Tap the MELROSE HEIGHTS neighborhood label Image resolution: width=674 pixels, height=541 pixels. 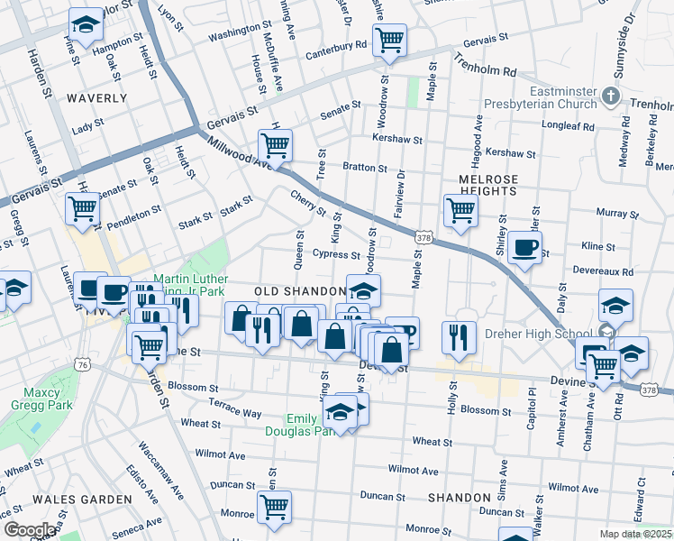coord(487,185)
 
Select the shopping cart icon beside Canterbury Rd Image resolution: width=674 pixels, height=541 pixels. coord(389,40)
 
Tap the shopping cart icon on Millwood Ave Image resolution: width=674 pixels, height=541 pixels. coord(275,144)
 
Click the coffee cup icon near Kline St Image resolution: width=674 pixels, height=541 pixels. coord(524,246)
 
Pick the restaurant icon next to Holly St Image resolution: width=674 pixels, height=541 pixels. coord(459,337)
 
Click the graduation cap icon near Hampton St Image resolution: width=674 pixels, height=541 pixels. coord(86,25)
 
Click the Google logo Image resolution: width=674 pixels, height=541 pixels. coord(31,529)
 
